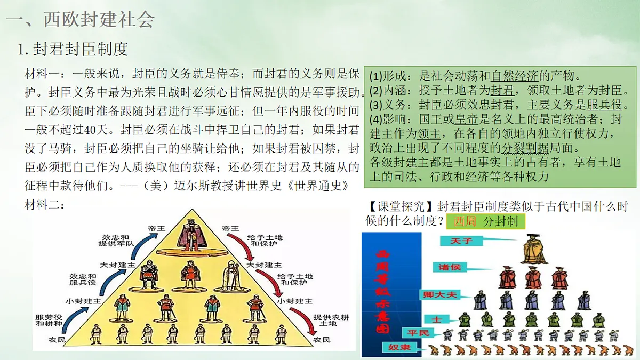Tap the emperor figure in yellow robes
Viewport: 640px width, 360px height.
(534, 250)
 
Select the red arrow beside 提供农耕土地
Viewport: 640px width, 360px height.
(307, 321)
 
